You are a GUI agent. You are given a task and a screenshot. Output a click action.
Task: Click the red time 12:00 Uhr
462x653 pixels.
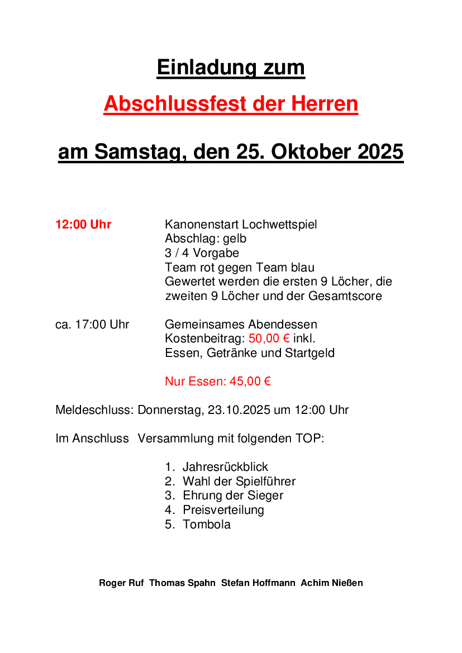(83, 225)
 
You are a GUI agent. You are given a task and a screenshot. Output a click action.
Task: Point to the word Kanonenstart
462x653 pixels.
(202, 225)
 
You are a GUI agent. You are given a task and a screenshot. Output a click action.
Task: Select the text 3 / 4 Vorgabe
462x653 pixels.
(202, 253)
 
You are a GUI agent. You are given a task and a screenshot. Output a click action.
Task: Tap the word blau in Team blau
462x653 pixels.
(302, 268)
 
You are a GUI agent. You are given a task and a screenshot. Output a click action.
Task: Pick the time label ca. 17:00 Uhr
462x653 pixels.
(92, 325)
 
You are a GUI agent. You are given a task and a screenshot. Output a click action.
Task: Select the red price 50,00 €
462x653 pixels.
(269, 339)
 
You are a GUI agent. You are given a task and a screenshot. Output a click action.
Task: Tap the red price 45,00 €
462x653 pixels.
(250, 382)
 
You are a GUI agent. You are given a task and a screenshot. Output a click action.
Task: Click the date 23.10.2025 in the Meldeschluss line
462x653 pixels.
(239, 410)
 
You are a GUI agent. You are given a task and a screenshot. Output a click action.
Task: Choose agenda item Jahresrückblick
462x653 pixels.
(225, 467)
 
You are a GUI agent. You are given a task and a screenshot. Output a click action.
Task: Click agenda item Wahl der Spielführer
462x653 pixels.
(239, 482)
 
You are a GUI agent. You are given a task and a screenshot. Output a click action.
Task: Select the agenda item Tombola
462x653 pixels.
(206, 525)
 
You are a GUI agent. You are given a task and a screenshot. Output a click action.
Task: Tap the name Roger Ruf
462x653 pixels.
(121, 583)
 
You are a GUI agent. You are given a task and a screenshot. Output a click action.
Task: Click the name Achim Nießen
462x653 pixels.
(332, 583)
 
